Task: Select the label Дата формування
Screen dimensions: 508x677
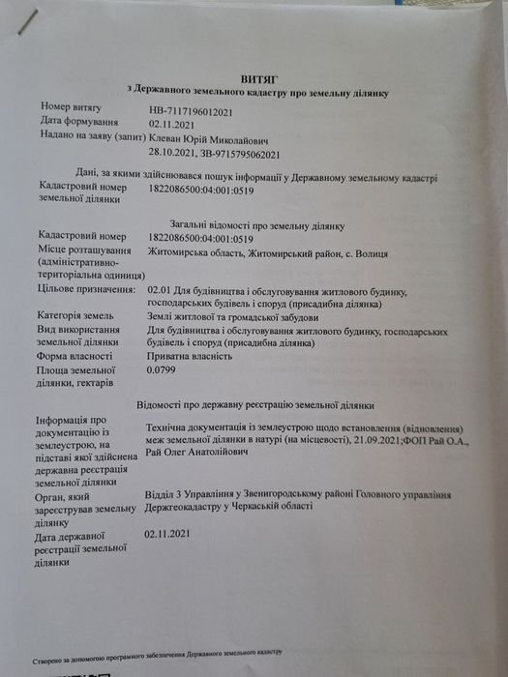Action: (79, 122)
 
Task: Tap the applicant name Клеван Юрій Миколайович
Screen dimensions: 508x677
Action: (206, 137)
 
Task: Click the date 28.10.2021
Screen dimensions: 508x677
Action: (171, 154)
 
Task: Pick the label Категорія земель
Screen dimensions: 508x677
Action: (77, 315)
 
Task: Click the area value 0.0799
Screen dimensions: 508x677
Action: (162, 369)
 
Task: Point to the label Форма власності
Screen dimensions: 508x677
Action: (79, 355)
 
